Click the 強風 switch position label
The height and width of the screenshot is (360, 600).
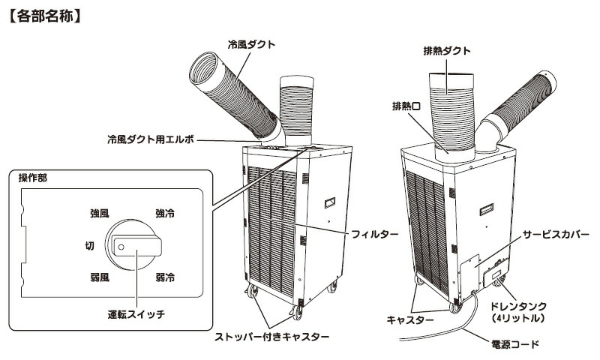click(x=99, y=214)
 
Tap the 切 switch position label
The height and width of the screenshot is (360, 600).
click(x=89, y=245)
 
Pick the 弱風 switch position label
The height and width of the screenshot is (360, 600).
click(x=99, y=277)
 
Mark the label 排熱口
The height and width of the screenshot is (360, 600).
click(x=406, y=106)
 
